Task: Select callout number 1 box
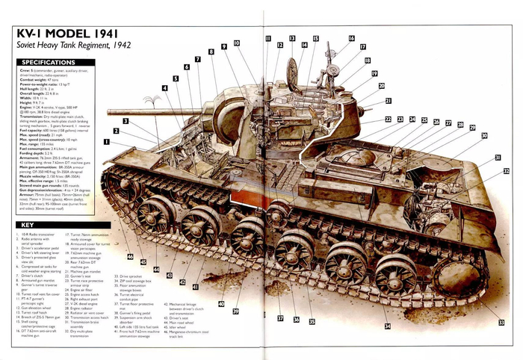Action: coord(106,140)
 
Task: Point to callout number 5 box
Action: coord(176,78)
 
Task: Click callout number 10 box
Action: coord(236,43)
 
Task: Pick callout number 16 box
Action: coord(351,38)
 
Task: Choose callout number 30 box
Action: coord(484,135)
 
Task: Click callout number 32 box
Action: coord(506,172)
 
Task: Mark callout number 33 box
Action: coord(501,323)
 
